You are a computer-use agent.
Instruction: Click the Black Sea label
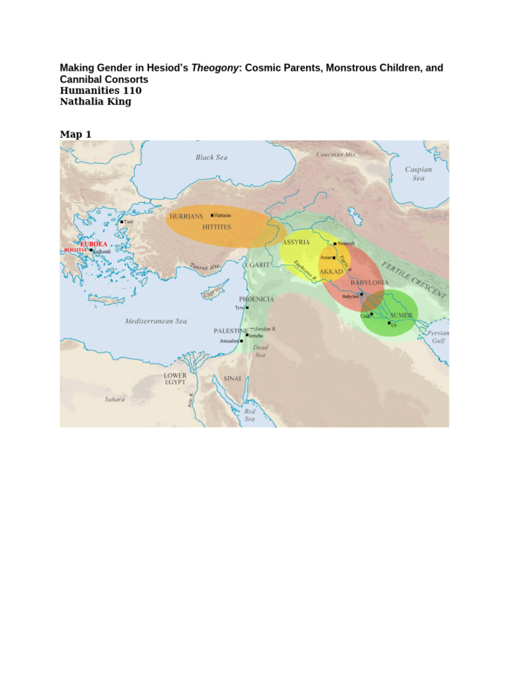pyautogui.click(x=211, y=158)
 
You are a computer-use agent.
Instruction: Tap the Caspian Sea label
pyautogui.click(x=419, y=173)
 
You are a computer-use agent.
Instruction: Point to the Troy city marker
pyautogui.click(x=122, y=222)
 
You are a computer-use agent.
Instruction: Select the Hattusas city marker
pyautogui.click(x=211, y=215)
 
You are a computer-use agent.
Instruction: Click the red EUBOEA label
pyautogui.click(x=93, y=244)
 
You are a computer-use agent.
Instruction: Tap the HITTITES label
pyautogui.click(x=217, y=226)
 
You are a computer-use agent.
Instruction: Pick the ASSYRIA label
pyautogui.click(x=296, y=242)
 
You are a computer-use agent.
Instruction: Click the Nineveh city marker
pyautogui.click(x=335, y=244)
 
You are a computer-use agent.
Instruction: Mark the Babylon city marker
pyautogui.click(x=362, y=293)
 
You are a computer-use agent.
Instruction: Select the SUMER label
pyautogui.click(x=401, y=315)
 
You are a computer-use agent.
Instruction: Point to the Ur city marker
pyautogui.click(x=389, y=323)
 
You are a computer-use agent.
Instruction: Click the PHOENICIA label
pyautogui.click(x=256, y=299)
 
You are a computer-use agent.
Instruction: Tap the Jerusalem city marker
pyautogui.click(x=242, y=341)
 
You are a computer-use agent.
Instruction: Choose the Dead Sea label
pyautogui.click(x=261, y=351)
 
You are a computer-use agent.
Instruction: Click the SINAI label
pyautogui.click(x=231, y=379)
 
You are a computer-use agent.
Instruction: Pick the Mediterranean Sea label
pyautogui.click(x=156, y=321)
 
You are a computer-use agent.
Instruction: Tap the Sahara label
pyautogui.click(x=114, y=399)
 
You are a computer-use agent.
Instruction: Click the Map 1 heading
pyautogui.click(x=76, y=134)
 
